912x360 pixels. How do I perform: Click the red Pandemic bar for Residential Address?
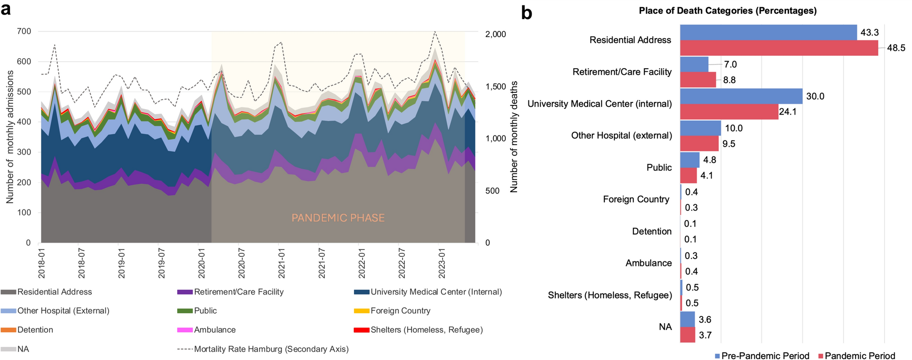[x=779, y=48]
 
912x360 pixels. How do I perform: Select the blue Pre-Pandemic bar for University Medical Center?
[x=741, y=96]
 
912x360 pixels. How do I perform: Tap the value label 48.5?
[x=896, y=48]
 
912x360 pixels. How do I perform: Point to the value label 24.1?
[x=787, y=112]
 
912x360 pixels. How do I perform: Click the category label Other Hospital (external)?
[x=621, y=135]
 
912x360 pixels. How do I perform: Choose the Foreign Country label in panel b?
[x=636, y=199]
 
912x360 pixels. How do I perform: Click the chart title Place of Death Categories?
[x=728, y=10]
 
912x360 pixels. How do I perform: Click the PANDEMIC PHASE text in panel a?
[x=338, y=218]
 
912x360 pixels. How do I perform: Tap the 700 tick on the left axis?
[x=25, y=31]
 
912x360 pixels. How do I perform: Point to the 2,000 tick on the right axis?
[x=495, y=35]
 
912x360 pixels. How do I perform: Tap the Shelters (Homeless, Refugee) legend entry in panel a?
[x=426, y=330]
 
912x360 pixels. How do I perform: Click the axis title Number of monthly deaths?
[x=514, y=137]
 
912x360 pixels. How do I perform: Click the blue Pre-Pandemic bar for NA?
[x=688, y=319]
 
